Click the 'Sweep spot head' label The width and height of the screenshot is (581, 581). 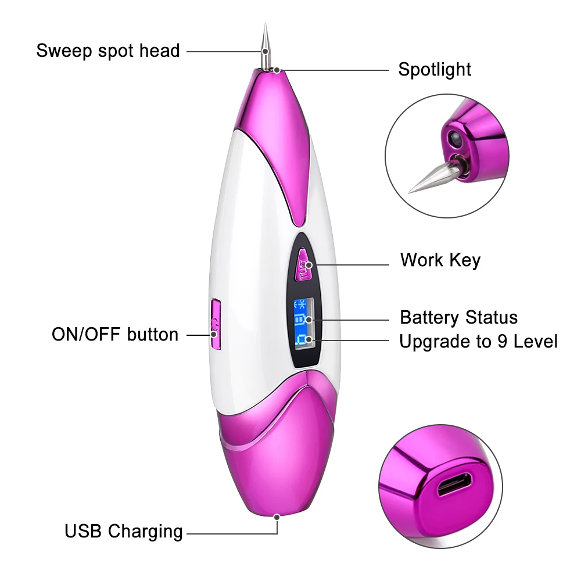click(107, 51)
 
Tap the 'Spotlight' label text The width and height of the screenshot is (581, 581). click(435, 70)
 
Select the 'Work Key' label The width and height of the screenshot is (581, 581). click(440, 260)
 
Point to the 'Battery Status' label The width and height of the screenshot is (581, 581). click(458, 318)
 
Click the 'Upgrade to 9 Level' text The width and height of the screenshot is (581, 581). click(478, 341)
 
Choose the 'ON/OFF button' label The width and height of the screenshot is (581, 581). click(115, 335)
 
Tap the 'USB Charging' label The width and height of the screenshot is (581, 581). click(123, 531)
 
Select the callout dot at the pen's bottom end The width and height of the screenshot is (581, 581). click(277, 516)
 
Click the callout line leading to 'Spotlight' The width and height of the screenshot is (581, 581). click(337, 70)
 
